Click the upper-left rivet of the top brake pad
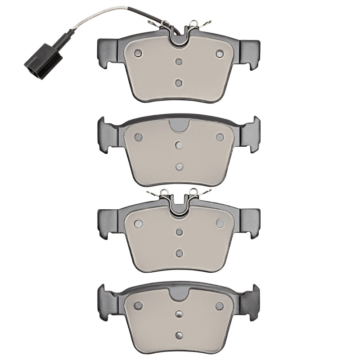(138, 54)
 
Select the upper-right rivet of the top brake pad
(220, 54)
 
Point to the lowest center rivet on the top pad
(179, 83)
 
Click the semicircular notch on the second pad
(179, 126)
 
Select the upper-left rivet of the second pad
(138, 137)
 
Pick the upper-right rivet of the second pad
(220, 137)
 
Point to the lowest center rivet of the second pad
(179, 166)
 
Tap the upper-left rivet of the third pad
(138, 223)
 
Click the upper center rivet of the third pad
(179, 232)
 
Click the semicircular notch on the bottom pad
(179, 293)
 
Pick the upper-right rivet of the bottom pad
(220, 306)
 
